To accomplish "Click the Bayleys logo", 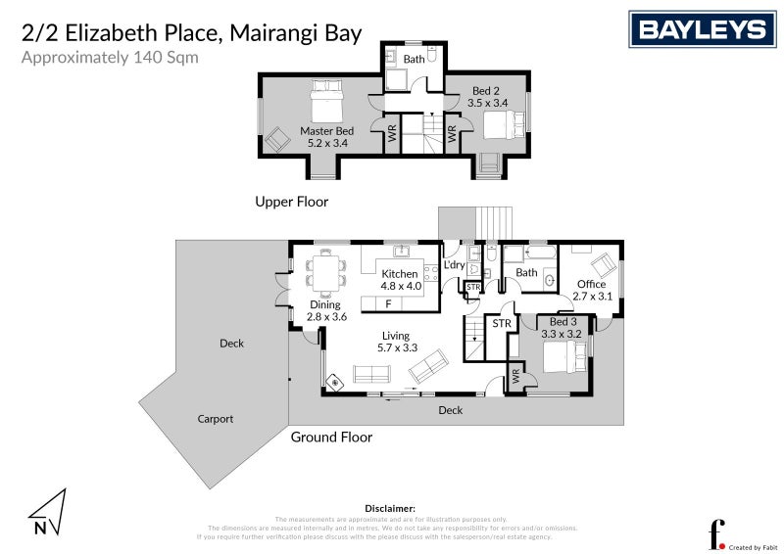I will (x=701, y=29).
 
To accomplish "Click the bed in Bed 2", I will (x=501, y=124).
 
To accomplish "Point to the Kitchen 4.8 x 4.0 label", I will (x=400, y=280).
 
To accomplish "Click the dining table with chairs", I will (x=323, y=271).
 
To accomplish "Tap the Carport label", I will (x=215, y=419).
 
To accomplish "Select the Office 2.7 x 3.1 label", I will (x=591, y=290).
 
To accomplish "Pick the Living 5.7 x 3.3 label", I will (x=397, y=342).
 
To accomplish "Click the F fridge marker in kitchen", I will (x=388, y=303).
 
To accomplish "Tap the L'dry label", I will (x=454, y=265).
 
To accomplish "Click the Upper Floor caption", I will (x=291, y=203).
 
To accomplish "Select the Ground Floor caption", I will (x=331, y=438).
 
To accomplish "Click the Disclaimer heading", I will (x=390, y=509).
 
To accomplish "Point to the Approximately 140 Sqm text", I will (x=110, y=57).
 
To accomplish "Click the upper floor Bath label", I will (x=414, y=59).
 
